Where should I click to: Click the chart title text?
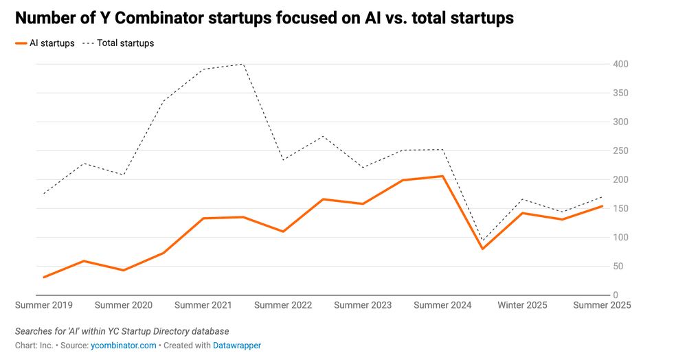point(264,19)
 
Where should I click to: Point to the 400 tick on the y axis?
point(620,64)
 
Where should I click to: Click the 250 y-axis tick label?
point(620,150)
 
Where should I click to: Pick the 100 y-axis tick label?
point(620,238)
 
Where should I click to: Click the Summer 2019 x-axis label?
point(44,305)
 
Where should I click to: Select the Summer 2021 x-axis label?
point(203,305)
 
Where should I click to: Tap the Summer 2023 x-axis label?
point(363,305)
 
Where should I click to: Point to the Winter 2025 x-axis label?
point(523,305)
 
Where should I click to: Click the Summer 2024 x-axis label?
point(443,305)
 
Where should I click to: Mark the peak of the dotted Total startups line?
point(243,64)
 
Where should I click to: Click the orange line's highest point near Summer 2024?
point(443,176)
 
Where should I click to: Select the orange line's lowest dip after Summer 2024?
point(483,249)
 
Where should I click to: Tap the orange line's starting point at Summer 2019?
point(44,277)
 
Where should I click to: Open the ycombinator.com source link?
point(123,346)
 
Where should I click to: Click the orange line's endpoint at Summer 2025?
point(602,206)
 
